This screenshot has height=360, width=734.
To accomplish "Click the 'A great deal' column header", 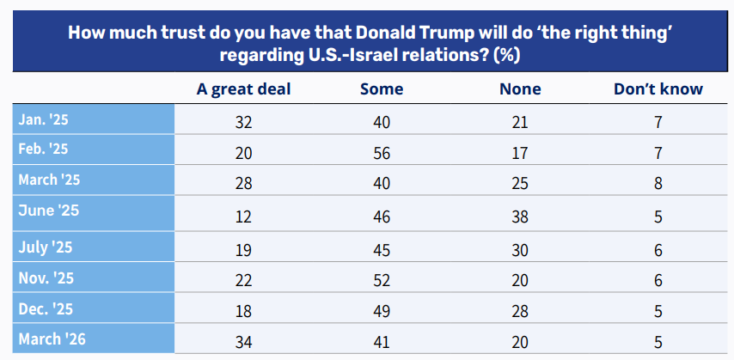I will tap(243, 88).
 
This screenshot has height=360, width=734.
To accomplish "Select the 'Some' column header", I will tap(382, 88).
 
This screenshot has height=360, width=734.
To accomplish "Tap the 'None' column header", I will tap(519, 88).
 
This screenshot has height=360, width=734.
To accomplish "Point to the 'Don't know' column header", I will tap(658, 88).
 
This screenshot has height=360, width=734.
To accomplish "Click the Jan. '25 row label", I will tap(43, 119).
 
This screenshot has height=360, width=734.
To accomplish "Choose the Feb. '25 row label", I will tap(43, 149).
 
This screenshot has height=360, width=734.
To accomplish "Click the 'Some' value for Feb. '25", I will tap(382, 152).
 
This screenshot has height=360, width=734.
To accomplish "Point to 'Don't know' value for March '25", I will tap(658, 183).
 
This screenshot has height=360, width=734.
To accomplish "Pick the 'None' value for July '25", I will tap(519, 251).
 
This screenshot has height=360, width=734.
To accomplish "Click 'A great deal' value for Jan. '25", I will tap(243, 122).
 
